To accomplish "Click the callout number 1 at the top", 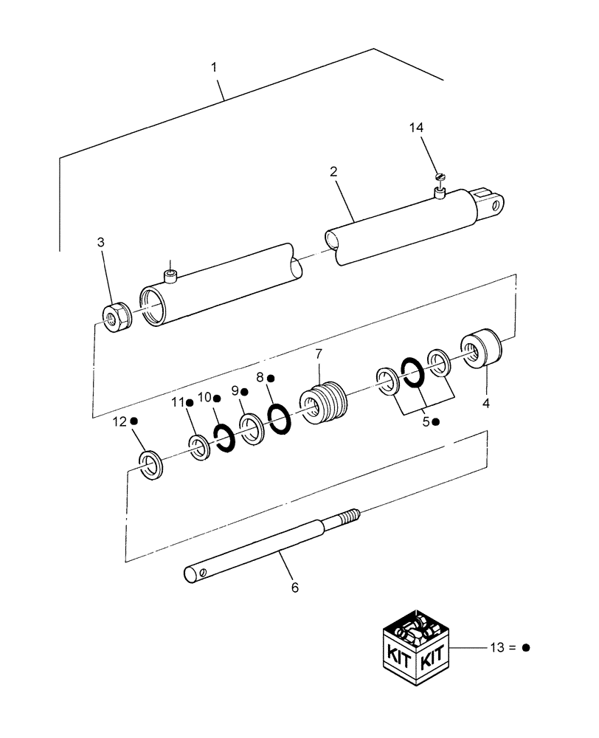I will coord(214,68).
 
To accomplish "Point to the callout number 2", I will coord(333,171).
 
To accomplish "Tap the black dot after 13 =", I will coord(526,648).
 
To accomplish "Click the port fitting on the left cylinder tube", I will coord(170,276).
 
